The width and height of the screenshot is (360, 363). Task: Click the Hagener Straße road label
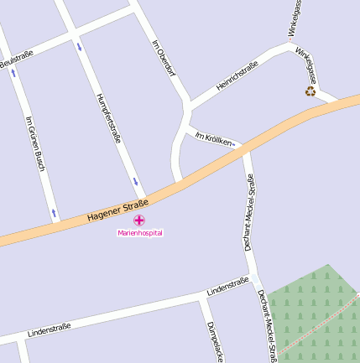(x=117, y=211)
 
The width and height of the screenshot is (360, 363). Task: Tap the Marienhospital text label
(x=139, y=232)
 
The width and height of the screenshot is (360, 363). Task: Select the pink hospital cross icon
(x=139, y=220)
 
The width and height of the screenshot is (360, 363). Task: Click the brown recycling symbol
(x=310, y=91)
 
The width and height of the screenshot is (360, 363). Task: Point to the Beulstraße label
(x=16, y=60)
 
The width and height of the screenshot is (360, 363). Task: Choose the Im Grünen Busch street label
(x=34, y=143)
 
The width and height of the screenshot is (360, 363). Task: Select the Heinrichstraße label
(x=237, y=75)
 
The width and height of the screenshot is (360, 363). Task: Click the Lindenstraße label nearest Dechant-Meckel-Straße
(x=227, y=286)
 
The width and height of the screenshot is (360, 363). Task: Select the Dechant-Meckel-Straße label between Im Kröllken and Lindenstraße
(x=248, y=214)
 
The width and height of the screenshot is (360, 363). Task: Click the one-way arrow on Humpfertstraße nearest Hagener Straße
(x=134, y=181)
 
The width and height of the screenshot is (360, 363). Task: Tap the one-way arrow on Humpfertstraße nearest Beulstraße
(x=80, y=46)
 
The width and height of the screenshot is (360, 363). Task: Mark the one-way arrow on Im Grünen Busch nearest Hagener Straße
(x=55, y=213)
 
